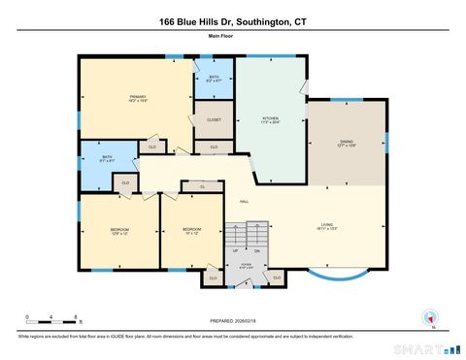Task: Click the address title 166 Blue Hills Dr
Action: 232,21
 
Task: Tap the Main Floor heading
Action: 232,37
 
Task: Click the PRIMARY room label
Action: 136,97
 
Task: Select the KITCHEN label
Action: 256,119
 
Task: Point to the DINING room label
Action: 347,143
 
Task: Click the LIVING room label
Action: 327,226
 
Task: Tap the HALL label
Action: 246,202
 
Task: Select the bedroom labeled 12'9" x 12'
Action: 118,231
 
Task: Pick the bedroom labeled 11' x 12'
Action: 190,231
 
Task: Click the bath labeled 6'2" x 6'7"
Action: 214,80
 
